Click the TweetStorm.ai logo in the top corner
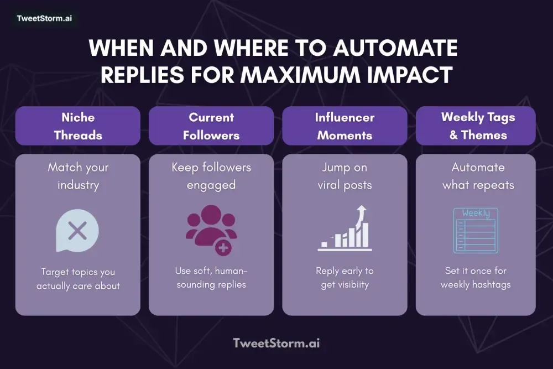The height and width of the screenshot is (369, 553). (x=44, y=18)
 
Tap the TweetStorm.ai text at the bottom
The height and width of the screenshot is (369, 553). (x=276, y=343)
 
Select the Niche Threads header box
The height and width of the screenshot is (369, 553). (x=78, y=126)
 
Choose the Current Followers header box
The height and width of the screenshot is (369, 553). (x=211, y=126)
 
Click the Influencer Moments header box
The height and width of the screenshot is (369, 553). (x=345, y=126)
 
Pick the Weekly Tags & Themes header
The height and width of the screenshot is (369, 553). (x=478, y=126)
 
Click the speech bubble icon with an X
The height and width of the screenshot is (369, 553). (x=77, y=232)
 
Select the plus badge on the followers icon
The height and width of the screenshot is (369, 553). (x=223, y=248)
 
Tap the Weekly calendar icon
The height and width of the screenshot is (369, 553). (x=476, y=230)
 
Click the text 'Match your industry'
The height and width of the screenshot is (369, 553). (x=78, y=175)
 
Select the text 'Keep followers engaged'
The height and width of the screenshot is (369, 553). (x=211, y=175)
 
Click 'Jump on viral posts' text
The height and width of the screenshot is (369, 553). (x=345, y=175)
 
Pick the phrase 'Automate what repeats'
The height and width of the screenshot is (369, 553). (x=478, y=175)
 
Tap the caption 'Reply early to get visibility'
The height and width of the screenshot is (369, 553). (x=345, y=277)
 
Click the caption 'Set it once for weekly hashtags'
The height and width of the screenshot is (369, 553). (x=476, y=277)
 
